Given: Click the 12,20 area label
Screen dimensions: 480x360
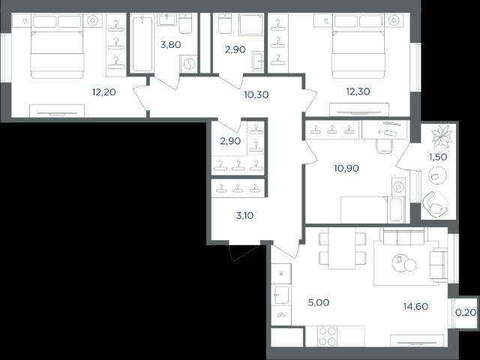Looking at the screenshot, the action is [104, 91].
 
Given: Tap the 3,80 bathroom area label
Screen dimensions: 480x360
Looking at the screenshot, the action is [170, 45].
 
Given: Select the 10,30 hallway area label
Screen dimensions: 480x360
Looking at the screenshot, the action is [256, 94].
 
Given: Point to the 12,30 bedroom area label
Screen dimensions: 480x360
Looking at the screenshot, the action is [358, 91].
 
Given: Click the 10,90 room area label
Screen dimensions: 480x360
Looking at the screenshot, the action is [346, 168].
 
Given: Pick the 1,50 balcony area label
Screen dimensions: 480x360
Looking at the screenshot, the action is [438, 157].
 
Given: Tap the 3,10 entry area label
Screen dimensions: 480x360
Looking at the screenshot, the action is [245, 216].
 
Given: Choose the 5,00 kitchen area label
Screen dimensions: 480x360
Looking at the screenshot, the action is [319, 302].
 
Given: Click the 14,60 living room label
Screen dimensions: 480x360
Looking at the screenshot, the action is [415, 306].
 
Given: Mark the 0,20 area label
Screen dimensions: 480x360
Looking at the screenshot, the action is [466, 313].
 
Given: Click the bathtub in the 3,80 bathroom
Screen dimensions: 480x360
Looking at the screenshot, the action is [142, 44].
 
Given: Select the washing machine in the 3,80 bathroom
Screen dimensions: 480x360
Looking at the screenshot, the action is [188, 64].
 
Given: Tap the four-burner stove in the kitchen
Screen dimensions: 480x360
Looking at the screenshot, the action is [327, 336].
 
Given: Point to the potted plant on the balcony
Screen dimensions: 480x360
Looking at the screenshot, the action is [442, 136].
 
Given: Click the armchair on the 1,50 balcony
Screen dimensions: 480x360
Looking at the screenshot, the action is [435, 204].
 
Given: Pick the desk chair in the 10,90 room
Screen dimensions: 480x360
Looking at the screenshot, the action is [384, 146].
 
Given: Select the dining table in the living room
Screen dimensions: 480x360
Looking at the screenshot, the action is [342, 248].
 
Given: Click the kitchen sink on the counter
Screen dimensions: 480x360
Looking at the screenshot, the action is [281, 295].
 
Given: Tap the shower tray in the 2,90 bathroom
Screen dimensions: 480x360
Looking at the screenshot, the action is [251, 24].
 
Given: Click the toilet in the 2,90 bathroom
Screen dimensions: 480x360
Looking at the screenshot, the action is [225, 23].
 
